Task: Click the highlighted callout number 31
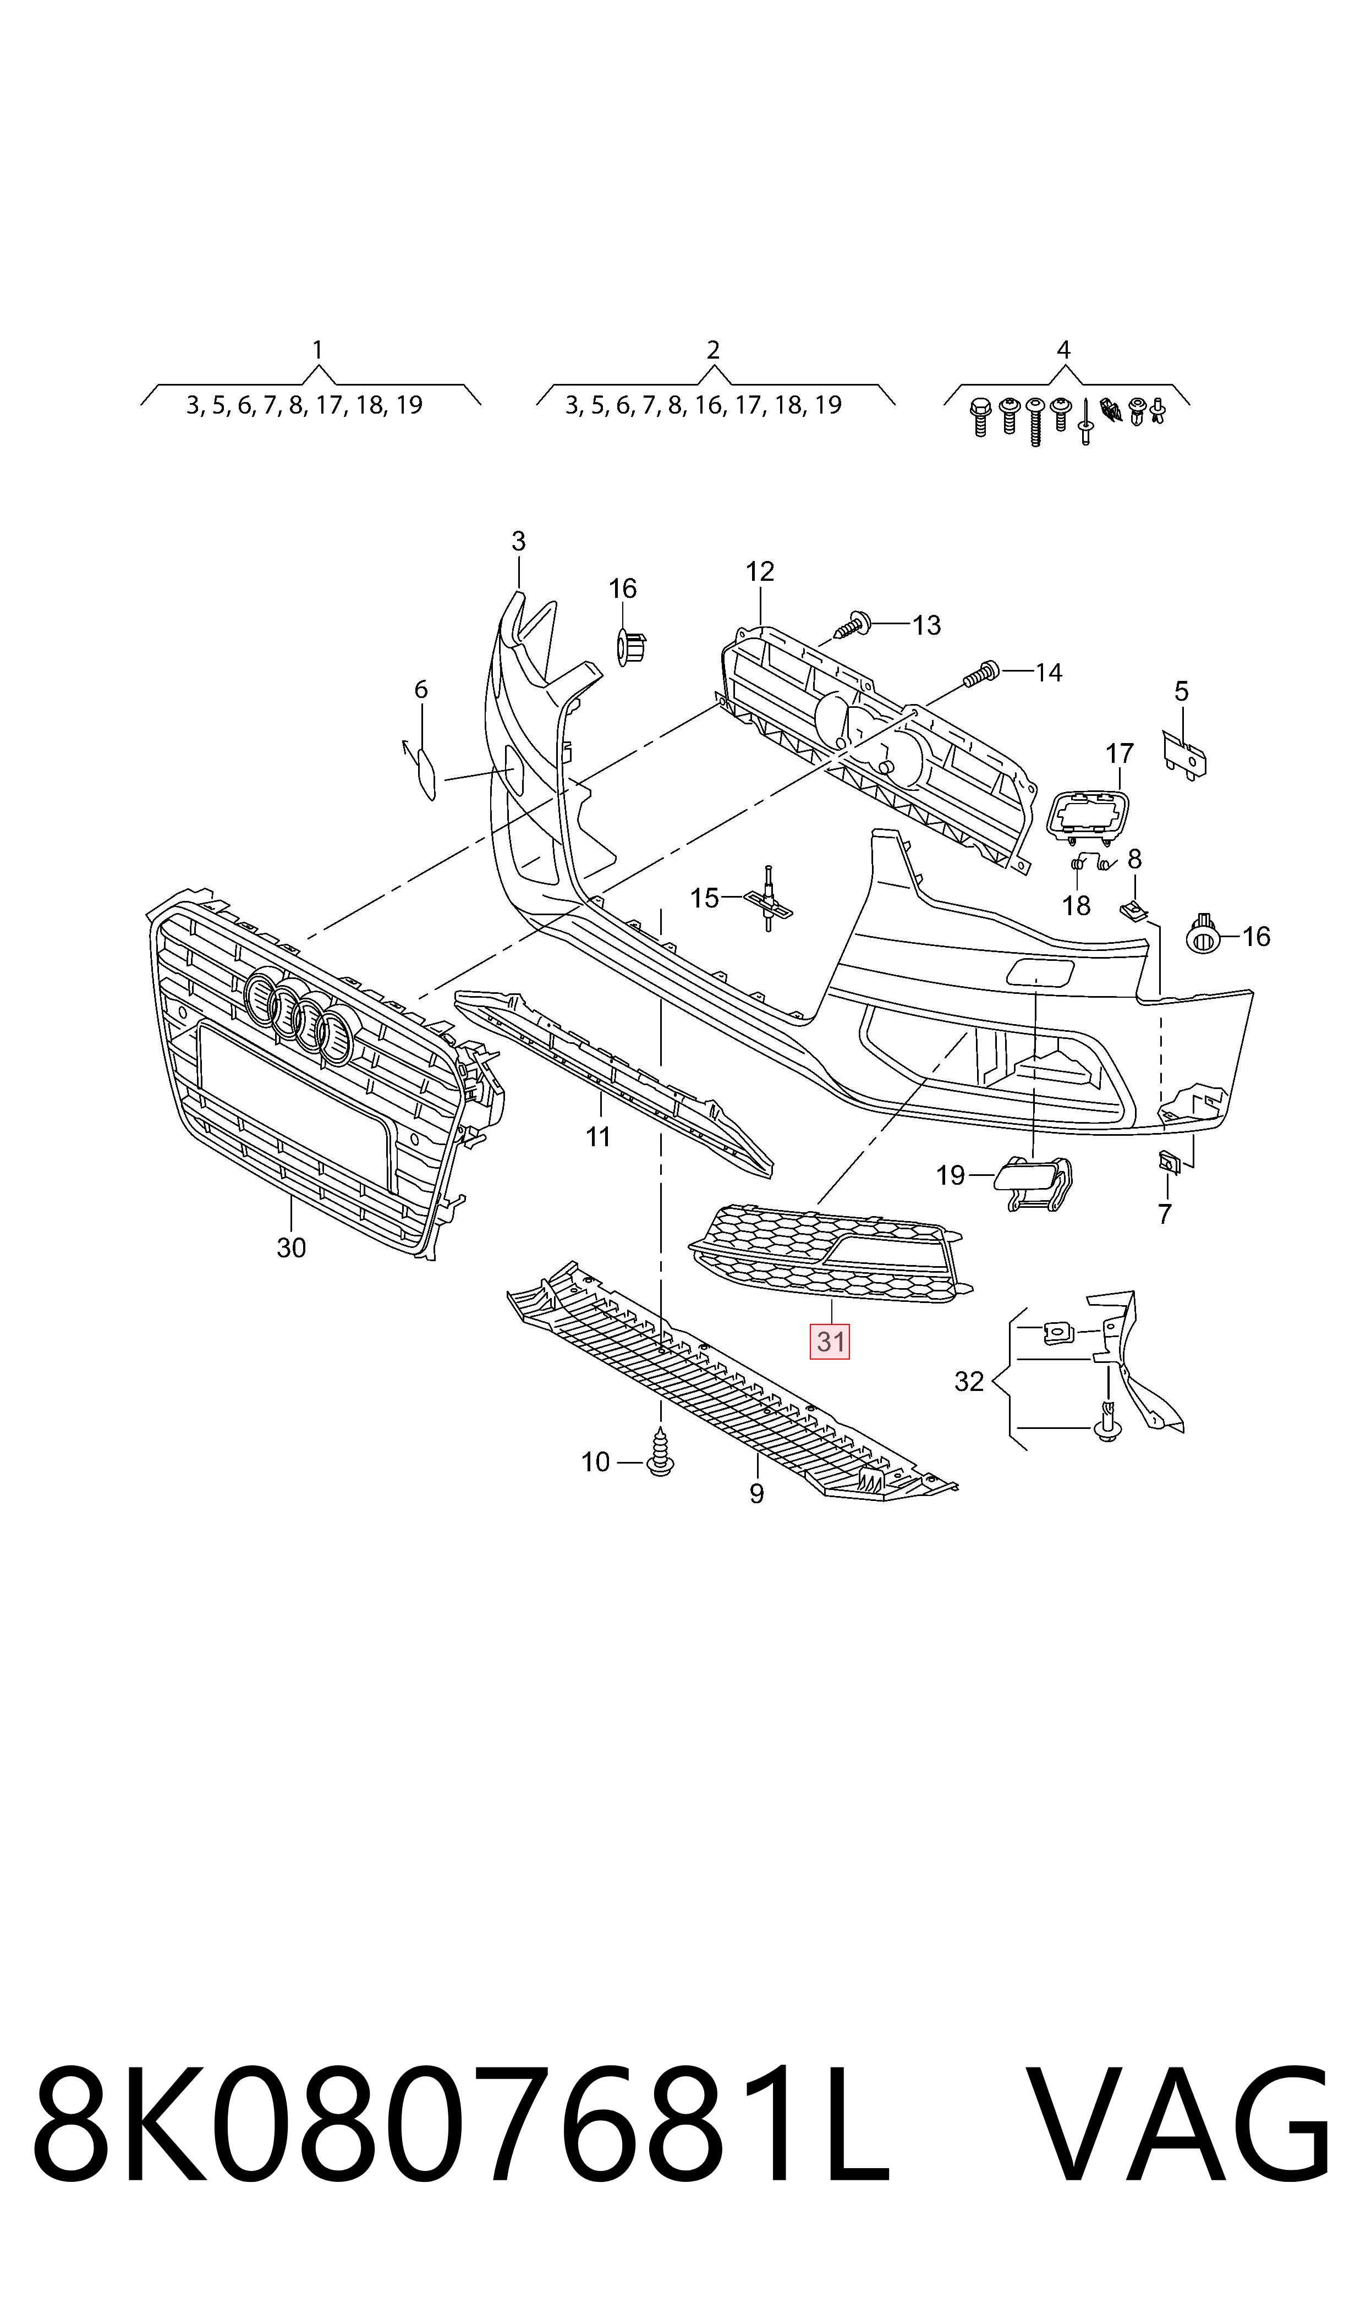[x=830, y=1341]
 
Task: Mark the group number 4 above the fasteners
[x=1063, y=350]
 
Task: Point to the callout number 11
[x=599, y=1137]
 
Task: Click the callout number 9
[x=756, y=1493]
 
